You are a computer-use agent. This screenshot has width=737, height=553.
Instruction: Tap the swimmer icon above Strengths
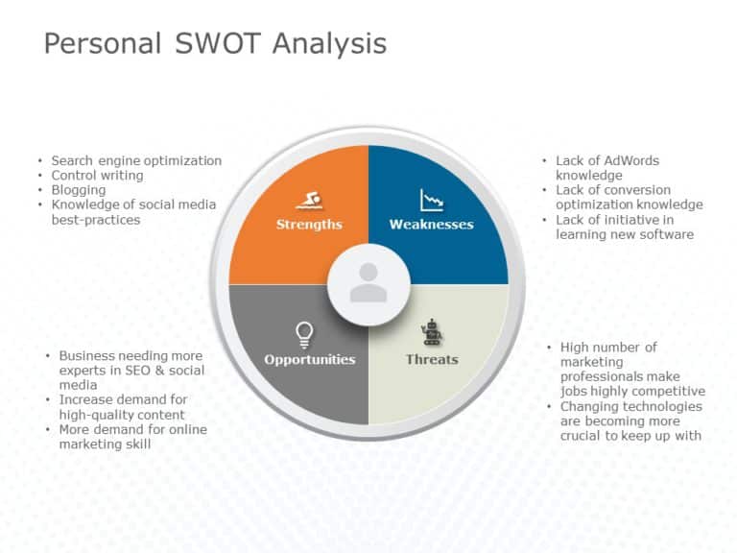coord(308,201)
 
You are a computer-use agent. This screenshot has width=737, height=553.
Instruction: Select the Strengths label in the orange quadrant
coord(309,225)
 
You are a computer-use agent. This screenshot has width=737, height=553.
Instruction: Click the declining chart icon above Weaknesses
coord(431,201)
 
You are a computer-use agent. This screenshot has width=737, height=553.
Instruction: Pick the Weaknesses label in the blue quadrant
coord(431,225)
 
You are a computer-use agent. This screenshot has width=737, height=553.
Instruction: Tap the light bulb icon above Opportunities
coord(304,334)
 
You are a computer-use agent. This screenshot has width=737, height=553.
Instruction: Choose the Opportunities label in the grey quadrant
coord(310,360)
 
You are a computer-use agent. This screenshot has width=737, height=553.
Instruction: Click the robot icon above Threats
coord(432,333)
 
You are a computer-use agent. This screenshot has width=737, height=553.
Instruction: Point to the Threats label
coord(432,360)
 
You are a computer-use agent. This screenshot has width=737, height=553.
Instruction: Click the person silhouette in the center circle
coord(368,284)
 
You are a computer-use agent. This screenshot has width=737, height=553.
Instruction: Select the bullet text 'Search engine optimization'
coord(136,160)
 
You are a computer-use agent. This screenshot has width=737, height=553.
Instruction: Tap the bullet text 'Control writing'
coord(97,176)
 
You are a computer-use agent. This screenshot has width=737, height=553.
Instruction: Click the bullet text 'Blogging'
coord(79,190)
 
